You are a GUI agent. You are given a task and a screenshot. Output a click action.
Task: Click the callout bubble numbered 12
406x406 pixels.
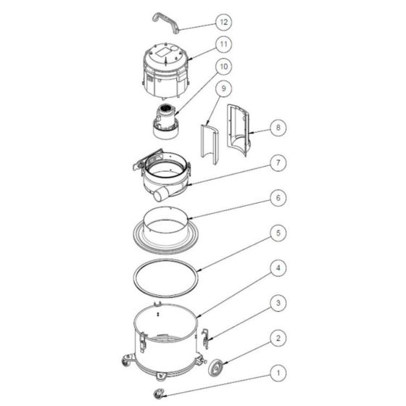point(223,22)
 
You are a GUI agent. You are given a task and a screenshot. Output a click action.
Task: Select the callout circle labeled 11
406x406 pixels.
point(223,44)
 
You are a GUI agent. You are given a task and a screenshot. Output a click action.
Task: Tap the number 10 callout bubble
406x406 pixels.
point(223,67)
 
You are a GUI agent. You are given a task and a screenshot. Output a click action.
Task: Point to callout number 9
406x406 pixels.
point(223,88)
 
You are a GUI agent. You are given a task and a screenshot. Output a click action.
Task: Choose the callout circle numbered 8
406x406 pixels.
point(278,128)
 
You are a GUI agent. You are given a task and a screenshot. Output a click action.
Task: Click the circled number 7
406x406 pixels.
point(278,162)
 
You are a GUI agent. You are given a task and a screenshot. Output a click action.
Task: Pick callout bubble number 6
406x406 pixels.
point(278,198)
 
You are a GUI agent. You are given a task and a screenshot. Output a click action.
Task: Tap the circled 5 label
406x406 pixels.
point(278,233)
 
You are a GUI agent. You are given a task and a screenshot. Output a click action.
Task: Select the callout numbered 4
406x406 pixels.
point(278,268)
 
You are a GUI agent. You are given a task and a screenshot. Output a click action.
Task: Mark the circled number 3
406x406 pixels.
point(278,303)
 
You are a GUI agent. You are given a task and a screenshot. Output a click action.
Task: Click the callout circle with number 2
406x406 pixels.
point(278,338)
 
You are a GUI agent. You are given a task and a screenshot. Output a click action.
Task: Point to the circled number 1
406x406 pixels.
point(278,373)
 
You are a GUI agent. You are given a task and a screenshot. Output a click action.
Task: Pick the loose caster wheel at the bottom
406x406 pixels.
point(159,394)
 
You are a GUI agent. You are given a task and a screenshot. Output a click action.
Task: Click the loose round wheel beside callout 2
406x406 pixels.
point(217,367)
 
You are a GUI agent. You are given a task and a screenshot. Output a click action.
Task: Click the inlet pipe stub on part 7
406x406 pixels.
point(161,195)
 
